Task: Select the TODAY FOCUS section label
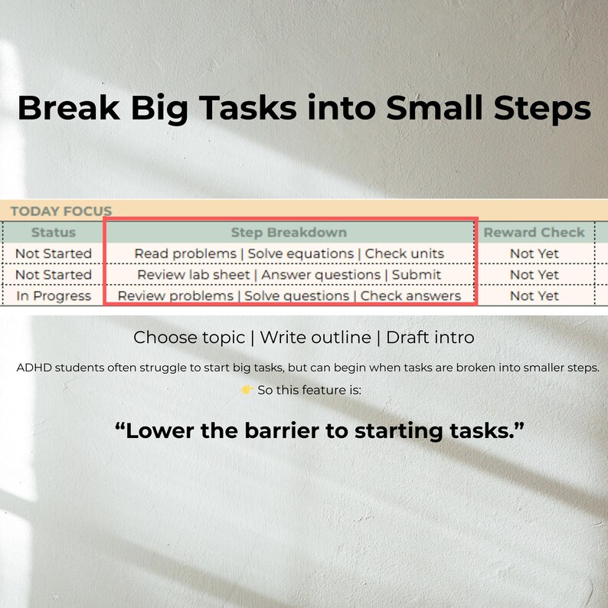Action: (x=61, y=211)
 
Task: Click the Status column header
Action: (x=54, y=232)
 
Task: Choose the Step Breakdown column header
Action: (x=289, y=232)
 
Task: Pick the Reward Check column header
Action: (x=534, y=232)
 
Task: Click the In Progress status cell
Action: (x=54, y=296)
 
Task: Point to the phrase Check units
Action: (x=404, y=253)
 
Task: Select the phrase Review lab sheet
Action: (x=194, y=274)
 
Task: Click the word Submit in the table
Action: (x=417, y=274)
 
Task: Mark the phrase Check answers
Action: (x=410, y=296)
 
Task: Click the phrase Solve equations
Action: (x=301, y=253)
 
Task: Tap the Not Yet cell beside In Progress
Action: (x=534, y=296)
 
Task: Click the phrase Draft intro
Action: (x=430, y=338)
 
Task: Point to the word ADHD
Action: (x=34, y=368)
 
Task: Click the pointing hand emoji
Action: (x=247, y=391)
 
